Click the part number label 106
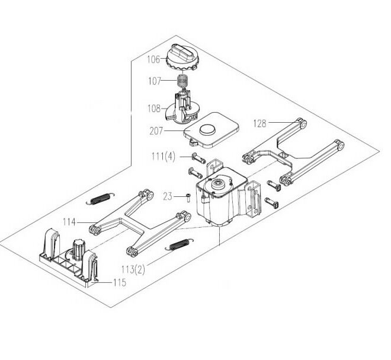[x=153, y=59]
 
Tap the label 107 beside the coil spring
[x=155, y=81]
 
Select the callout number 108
[x=154, y=109]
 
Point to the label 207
[x=156, y=131]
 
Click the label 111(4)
[x=164, y=157]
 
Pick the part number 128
[x=260, y=123]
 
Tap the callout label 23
[x=168, y=196]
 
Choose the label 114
[x=69, y=222]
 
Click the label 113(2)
[x=133, y=269]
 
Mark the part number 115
[x=120, y=283]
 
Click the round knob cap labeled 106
[x=182, y=57]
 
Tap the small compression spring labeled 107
[x=183, y=80]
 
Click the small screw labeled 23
[x=188, y=198]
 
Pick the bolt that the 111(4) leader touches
[x=198, y=158]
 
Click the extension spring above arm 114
[x=100, y=199]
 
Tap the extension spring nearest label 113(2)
[x=180, y=244]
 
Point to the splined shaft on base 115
[x=79, y=250]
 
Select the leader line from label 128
[x=282, y=122]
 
